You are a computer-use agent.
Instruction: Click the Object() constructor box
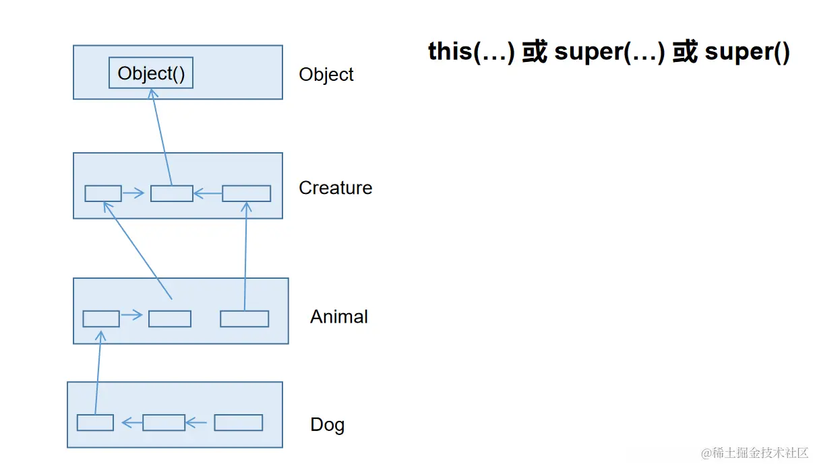pyautogui.click(x=151, y=73)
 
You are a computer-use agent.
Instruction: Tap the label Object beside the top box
pyautogui.click(x=326, y=74)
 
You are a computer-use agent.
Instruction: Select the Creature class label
pyautogui.click(x=335, y=187)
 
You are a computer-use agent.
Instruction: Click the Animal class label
pyautogui.click(x=338, y=317)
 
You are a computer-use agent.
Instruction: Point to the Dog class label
pyautogui.click(x=327, y=425)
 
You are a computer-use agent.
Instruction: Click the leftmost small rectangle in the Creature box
pyautogui.click(x=103, y=193)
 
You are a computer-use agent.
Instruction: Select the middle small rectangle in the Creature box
pyautogui.click(x=171, y=193)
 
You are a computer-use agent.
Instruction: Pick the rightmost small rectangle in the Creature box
pyautogui.click(x=246, y=193)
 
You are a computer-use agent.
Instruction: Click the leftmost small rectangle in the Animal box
pyautogui.click(x=101, y=319)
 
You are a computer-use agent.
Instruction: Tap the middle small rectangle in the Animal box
pyautogui.click(x=169, y=319)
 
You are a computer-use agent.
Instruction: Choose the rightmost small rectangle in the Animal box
pyautogui.click(x=244, y=319)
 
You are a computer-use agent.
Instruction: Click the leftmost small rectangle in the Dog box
pyautogui.click(x=95, y=423)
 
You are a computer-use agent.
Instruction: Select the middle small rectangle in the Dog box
pyautogui.click(x=164, y=423)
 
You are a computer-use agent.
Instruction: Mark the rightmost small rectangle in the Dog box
pyautogui.click(x=238, y=423)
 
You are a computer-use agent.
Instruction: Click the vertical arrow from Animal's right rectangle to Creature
pyautogui.click(x=245, y=256)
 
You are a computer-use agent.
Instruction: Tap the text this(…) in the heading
pyautogui.click(x=471, y=53)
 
